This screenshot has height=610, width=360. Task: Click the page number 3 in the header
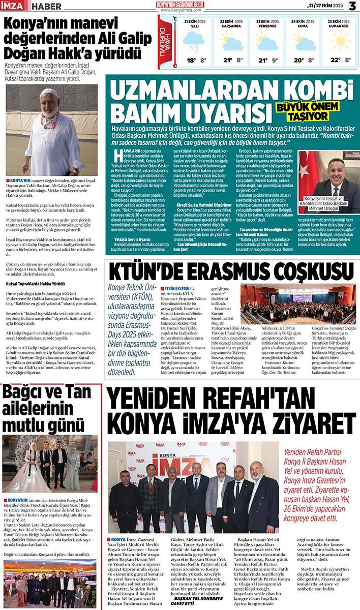click(352, 6)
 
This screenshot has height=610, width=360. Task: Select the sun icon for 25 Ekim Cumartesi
click(340, 41)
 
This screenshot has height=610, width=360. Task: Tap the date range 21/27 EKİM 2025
click(325, 6)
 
